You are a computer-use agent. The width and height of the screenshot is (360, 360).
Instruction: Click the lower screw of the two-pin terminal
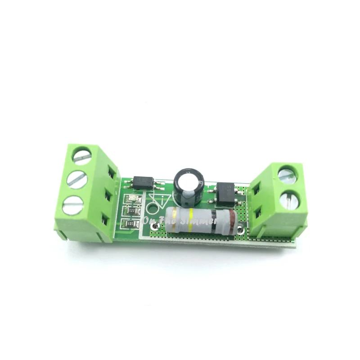pos(289,200)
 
